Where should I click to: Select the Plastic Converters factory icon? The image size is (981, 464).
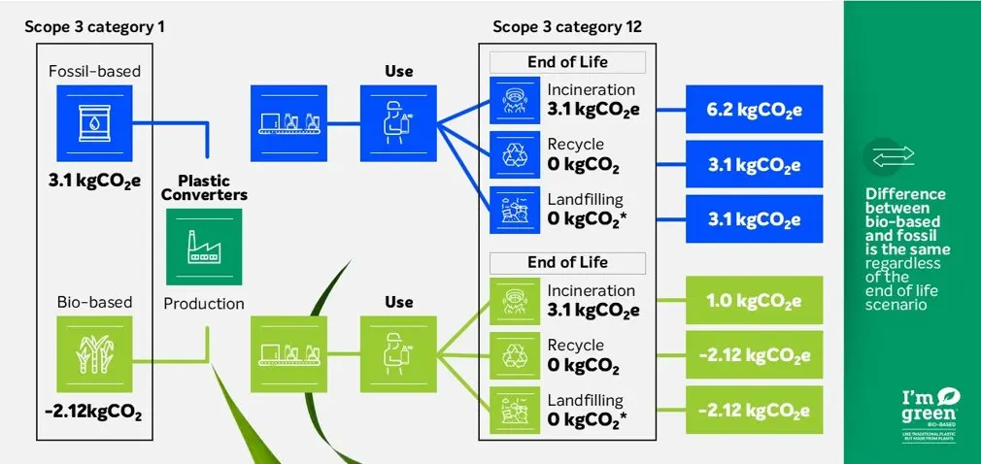(x=203, y=248)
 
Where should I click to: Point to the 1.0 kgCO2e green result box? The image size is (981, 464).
(x=754, y=302)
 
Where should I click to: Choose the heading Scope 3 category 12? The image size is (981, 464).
(x=567, y=26)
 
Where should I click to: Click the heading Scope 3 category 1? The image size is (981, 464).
(x=94, y=26)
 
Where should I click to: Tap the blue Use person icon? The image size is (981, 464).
(x=398, y=122)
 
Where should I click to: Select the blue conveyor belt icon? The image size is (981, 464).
(x=289, y=122)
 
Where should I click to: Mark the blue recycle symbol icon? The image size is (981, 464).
(x=515, y=154)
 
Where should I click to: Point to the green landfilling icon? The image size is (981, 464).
(x=515, y=410)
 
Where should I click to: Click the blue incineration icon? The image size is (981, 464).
(x=515, y=100)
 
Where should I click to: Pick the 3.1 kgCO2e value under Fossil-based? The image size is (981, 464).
(x=93, y=182)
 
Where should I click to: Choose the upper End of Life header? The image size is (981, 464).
(x=567, y=62)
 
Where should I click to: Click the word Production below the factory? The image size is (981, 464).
(x=204, y=304)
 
